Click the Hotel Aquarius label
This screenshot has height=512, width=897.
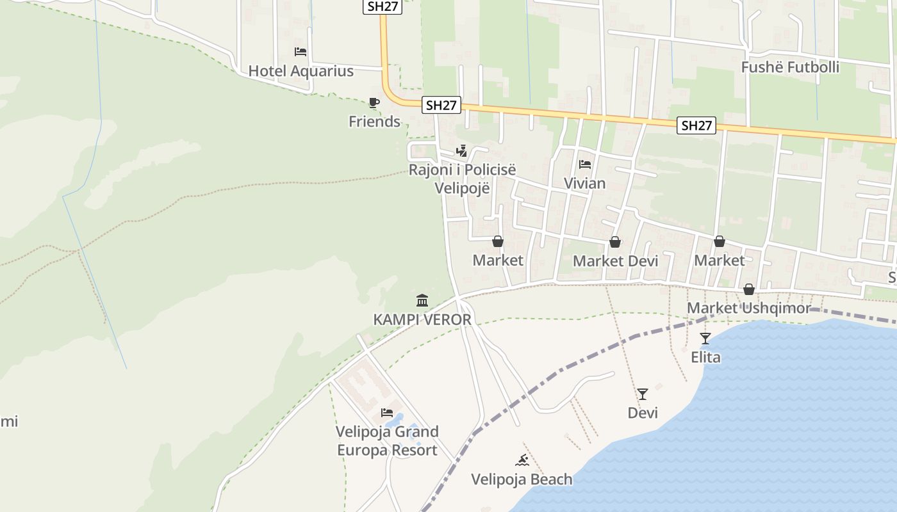(x=300, y=71)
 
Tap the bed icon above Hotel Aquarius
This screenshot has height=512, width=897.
(x=300, y=52)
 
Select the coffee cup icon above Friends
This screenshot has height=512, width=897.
(x=374, y=102)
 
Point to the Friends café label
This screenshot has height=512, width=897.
(x=374, y=122)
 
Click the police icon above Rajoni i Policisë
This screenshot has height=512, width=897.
(x=461, y=150)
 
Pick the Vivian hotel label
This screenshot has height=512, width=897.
(x=584, y=184)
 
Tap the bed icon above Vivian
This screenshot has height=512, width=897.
(x=584, y=164)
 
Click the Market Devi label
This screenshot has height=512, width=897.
(x=615, y=261)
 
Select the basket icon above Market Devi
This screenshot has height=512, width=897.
(x=615, y=242)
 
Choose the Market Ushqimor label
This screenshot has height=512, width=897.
(x=748, y=308)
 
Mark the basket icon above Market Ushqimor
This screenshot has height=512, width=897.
(x=748, y=290)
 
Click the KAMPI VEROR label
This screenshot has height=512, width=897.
(x=422, y=319)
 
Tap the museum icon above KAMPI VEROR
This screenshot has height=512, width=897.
(x=422, y=300)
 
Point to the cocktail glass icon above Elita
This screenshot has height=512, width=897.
(x=705, y=338)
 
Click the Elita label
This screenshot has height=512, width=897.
(x=705, y=357)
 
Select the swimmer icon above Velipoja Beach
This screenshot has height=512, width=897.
(x=522, y=460)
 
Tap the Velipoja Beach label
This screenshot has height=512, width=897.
(x=522, y=479)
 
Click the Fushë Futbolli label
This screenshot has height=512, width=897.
(x=790, y=67)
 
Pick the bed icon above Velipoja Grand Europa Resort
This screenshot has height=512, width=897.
(x=387, y=413)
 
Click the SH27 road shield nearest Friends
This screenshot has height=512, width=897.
(x=441, y=106)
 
